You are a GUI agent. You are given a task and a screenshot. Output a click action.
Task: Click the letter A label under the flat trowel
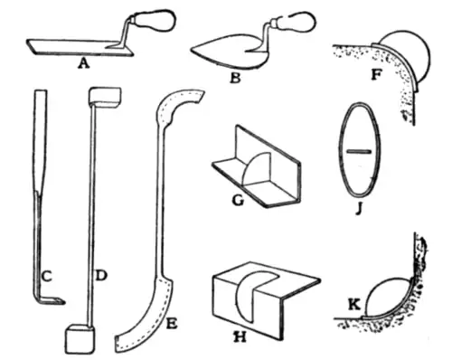pos(83,63)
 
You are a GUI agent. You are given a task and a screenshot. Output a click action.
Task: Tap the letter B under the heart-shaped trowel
pos(235,77)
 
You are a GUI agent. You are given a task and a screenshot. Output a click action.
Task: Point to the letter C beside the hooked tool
pos(46,277)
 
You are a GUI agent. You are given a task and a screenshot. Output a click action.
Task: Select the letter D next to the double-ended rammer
pos(100,275)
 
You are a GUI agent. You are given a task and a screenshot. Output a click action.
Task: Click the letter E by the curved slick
pos(172,324)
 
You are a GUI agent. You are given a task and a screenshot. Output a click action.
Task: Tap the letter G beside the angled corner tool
pos(238,200)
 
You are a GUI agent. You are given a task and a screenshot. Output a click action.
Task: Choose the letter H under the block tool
pos(240,336)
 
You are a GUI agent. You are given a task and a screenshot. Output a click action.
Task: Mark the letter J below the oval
pos(358,209)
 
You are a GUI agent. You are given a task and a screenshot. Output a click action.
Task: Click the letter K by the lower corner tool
pos(354,305)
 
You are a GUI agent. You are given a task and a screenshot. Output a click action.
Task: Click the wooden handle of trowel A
pos(154,21)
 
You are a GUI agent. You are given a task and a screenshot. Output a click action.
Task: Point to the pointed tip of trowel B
pos(192,51)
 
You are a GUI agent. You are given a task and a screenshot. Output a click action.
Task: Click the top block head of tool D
pos(106,97)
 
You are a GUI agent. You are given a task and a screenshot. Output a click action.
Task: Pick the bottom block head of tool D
pos(80,338)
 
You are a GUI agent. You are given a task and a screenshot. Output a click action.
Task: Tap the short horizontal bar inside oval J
pos(358,152)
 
